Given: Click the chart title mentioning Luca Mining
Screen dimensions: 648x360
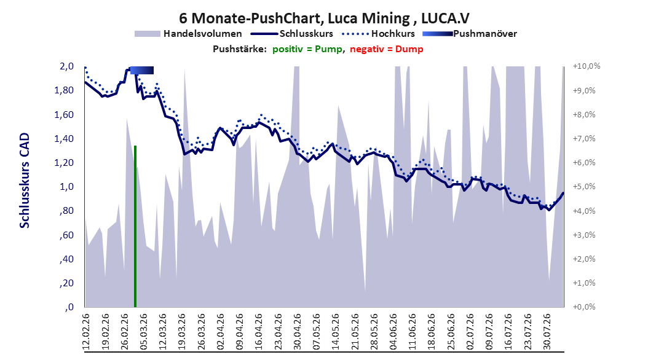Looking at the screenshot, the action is pos(324,18).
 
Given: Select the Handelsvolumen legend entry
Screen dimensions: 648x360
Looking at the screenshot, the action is pos(189,34).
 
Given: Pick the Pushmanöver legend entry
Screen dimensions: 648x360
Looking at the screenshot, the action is pos(470,34).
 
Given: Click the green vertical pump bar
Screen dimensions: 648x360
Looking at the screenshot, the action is pos(135,226).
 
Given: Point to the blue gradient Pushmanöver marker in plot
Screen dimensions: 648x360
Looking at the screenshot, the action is pos(142,70).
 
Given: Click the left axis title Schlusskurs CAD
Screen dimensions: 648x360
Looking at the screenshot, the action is pos(25,180).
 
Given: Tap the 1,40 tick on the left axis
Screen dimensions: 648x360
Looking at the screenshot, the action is pos(64,139).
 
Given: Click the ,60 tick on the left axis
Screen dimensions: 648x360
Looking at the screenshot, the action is pos(66,235).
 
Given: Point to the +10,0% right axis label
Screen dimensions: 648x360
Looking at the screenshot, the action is pos(587,66).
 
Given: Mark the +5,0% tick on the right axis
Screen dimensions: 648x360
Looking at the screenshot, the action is pos(584,187).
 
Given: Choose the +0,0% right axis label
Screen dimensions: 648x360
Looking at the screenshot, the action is pos(584,307).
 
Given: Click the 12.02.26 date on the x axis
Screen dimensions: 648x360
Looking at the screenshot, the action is pos(86,332).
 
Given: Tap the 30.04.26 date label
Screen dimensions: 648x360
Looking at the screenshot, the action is pos(297,332).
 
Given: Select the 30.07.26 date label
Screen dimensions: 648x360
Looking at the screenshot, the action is pos(547,332).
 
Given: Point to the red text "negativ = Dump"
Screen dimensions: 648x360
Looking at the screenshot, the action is pos(387,49).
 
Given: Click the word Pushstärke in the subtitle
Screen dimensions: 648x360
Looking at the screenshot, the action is pos(240,49).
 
